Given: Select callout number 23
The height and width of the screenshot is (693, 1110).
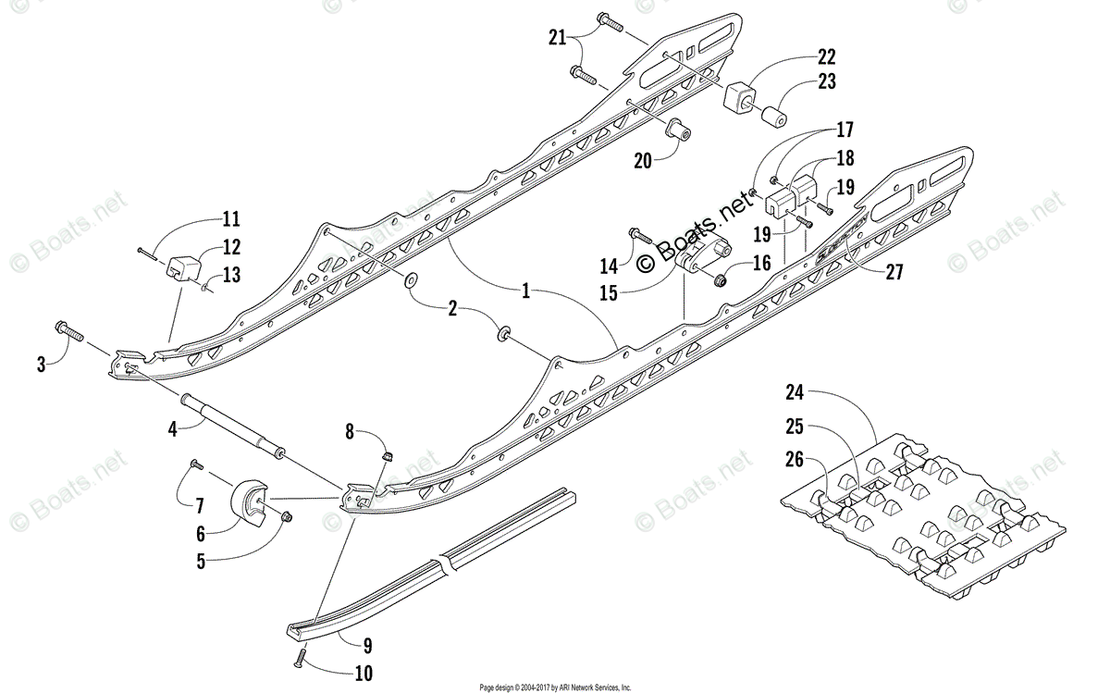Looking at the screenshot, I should [x=825, y=81].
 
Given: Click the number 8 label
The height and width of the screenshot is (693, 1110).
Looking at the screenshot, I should [x=349, y=430].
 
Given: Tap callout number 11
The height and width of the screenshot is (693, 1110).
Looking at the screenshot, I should [x=230, y=219].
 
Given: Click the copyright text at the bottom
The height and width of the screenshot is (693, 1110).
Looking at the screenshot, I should [x=554, y=687].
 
